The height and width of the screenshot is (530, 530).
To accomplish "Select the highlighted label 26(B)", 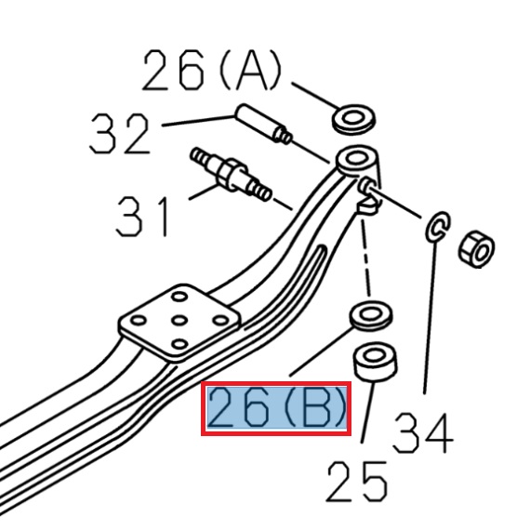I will [277, 409].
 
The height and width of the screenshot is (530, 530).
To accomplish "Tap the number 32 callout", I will [120, 136].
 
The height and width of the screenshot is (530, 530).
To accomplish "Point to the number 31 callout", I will [144, 215].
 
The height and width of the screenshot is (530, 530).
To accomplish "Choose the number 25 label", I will [356, 481].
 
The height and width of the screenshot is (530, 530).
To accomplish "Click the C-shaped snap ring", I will [439, 226].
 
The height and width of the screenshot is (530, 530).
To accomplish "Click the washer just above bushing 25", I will [370, 314].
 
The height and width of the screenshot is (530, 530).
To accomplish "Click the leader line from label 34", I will [431, 316].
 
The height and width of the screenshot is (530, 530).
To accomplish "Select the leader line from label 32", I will [197, 120].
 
